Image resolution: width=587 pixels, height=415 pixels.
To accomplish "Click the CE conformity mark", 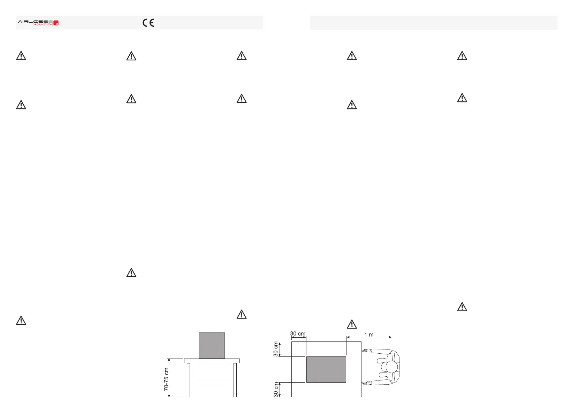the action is coord(148,23).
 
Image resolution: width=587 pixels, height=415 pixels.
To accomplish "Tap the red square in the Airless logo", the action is coord(56,23).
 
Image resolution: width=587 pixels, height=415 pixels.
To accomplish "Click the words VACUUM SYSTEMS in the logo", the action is coord(43,25).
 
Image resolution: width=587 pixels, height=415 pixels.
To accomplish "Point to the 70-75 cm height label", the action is coord(166,379).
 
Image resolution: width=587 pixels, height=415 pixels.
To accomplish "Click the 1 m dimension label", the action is coord(369,335).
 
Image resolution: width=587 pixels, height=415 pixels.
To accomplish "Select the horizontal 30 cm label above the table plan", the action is coord(298,333).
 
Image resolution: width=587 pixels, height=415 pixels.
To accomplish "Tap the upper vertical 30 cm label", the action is coord(276,349).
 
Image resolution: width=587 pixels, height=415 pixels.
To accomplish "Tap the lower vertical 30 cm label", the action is coord(276,390).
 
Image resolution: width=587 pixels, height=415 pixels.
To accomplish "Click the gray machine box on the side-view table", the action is coord(212,345).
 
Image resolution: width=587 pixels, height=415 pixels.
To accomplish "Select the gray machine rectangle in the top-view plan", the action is coord(326,369).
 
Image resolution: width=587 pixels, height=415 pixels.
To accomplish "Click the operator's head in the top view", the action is coord(391,367).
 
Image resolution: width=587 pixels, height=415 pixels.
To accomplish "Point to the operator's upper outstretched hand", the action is coord(366,351).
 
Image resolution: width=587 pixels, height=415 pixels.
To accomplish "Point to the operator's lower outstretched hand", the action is coord(366,383).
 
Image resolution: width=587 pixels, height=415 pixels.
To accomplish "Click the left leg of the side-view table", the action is coord(188,380).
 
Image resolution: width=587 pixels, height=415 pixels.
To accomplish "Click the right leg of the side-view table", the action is coord(235,380).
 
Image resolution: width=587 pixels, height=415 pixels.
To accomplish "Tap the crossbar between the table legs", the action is coord(212,384).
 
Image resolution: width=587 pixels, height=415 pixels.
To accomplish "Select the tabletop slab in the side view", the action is coord(212,361).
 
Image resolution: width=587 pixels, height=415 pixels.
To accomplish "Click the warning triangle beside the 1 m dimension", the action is coord(352,324).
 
